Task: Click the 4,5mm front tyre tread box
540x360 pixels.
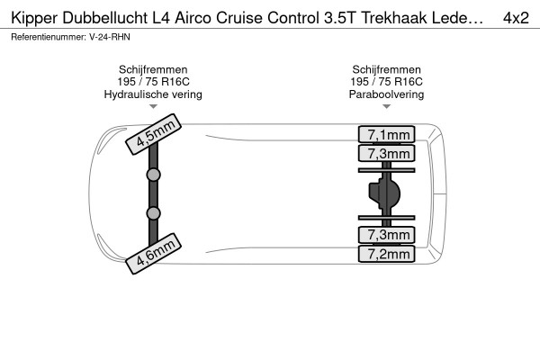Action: (x=153, y=134)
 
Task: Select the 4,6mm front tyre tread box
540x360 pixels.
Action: (x=153, y=254)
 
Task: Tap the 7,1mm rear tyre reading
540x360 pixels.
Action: (x=386, y=134)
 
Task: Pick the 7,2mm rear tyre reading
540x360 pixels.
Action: (x=386, y=254)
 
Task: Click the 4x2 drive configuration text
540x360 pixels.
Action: (x=516, y=18)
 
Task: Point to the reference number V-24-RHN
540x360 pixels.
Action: (x=110, y=37)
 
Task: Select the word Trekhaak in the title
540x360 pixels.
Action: (x=394, y=18)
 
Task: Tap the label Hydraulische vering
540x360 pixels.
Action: (x=153, y=94)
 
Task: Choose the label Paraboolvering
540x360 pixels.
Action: (x=386, y=94)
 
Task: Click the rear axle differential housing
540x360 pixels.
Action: (x=384, y=193)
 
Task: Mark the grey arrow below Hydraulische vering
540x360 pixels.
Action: (x=153, y=107)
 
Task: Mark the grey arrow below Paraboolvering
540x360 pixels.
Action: (x=386, y=107)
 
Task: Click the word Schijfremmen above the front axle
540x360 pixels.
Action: (x=153, y=69)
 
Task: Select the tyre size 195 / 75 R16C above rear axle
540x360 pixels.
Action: (x=386, y=82)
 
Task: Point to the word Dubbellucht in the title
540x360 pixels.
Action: (x=104, y=18)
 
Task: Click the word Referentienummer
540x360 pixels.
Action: (x=48, y=37)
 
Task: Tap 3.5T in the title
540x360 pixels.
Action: (x=339, y=18)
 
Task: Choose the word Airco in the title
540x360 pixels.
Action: (x=193, y=18)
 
